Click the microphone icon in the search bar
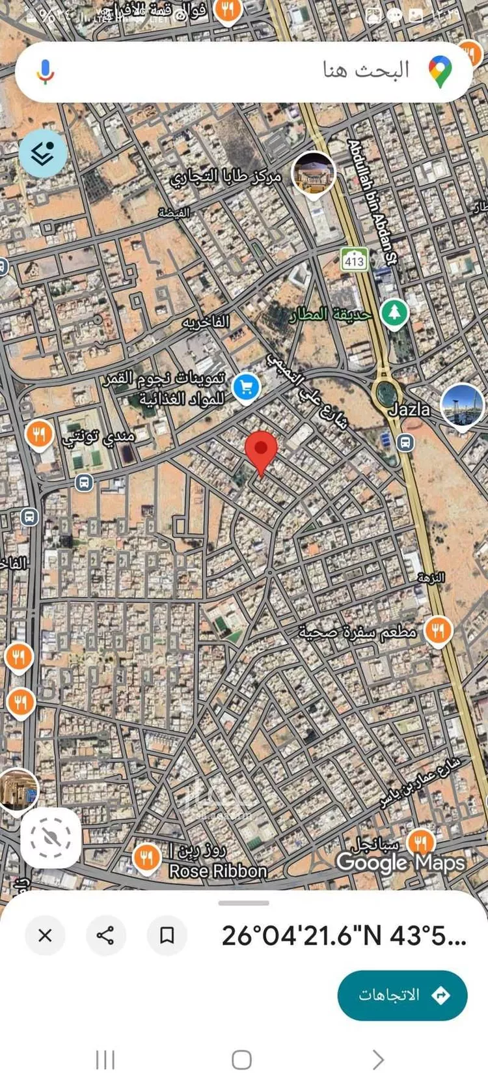(45, 72)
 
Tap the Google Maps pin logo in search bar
(441, 72)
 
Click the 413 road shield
(354, 261)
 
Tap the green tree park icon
(394, 313)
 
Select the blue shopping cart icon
(246, 388)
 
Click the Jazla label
(409, 409)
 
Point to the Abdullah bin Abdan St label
(372, 202)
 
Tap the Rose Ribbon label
(218, 871)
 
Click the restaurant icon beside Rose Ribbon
(146, 857)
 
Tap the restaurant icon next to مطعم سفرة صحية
(439, 630)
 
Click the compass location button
(51, 838)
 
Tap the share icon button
(105, 935)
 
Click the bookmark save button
(167, 935)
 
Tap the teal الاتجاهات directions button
(402, 995)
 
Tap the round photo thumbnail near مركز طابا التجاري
(314, 173)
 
